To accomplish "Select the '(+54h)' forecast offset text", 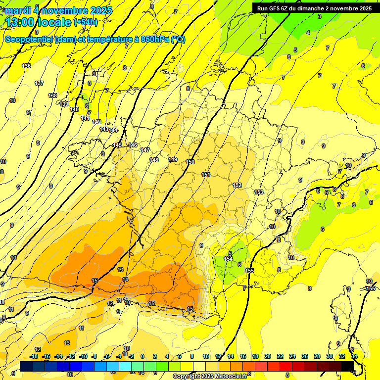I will coord(85,22).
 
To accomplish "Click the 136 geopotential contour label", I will coord(26,66).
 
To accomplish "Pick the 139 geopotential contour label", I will coord(64,104).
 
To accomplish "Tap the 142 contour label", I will coord(96,122).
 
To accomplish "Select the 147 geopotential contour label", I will coord(145,150).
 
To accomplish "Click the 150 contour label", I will coord(190,162).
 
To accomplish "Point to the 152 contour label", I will coord(237,186).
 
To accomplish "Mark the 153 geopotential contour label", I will coord(259,192).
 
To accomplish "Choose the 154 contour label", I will coord(228,259).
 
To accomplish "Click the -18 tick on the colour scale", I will coord(34,356).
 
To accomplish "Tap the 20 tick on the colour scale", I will coord(267,356).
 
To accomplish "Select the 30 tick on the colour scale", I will coord(330,356).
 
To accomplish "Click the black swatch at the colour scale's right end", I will coord(347,366).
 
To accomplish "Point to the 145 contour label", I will coord(117,145).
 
